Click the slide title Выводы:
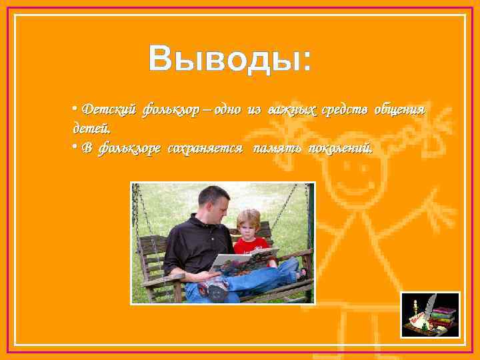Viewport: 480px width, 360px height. (229, 59)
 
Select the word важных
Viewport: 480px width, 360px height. (290, 109)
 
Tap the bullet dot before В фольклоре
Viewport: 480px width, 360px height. (75, 147)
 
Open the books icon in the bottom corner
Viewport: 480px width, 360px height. (430, 315)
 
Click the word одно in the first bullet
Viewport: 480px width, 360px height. (231, 109)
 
